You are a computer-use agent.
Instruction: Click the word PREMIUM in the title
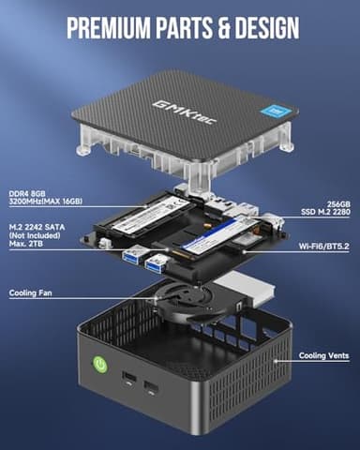tap(103, 26)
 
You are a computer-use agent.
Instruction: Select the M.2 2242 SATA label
tap(40, 225)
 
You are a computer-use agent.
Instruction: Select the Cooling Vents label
tap(322, 355)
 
